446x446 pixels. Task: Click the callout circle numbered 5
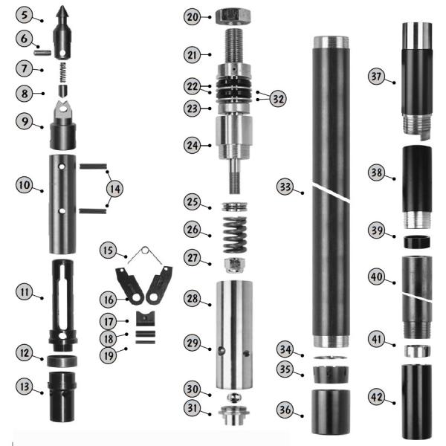[x=24, y=15]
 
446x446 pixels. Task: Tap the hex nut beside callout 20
[x=233, y=16]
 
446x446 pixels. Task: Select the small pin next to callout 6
[x=42, y=53]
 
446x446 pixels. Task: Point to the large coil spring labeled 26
[x=235, y=235]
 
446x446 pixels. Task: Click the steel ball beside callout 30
[x=234, y=397]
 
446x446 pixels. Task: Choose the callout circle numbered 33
[x=285, y=187]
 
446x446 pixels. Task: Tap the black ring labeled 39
[x=417, y=242]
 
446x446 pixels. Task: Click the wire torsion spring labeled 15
[x=145, y=253]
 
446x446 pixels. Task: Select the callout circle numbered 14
[x=115, y=189]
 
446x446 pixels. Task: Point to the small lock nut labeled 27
[x=234, y=265]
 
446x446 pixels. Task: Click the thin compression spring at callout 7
[x=63, y=72]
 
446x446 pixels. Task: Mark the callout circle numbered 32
[x=278, y=99]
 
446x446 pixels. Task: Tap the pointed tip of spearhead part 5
[x=62, y=6]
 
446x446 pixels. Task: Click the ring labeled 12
[x=62, y=361]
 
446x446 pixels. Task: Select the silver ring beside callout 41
[x=417, y=351]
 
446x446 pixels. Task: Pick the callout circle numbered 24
[x=193, y=146]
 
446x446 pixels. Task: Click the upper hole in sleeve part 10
[x=62, y=167]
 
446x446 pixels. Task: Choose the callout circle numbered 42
[x=377, y=397]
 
